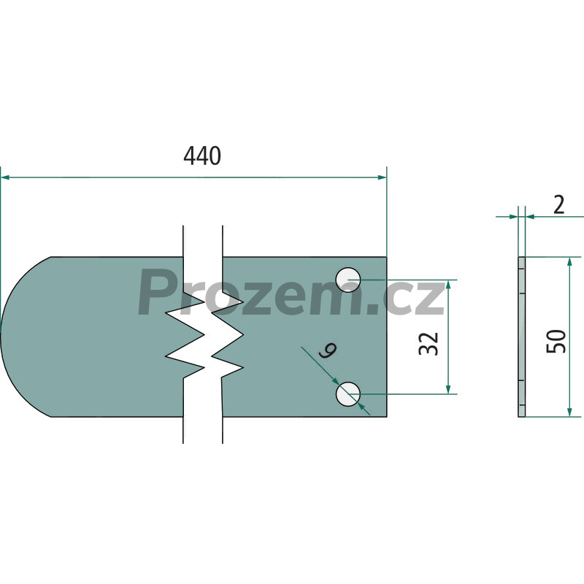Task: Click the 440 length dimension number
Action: tap(202, 155)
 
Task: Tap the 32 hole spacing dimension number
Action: tap(429, 343)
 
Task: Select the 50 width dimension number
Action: tap(556, 341)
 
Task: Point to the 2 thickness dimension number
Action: tap(558, 205)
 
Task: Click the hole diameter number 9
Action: tap(328, 350)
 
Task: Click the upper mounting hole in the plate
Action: tap(348, 280)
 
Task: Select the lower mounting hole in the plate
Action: tap(348, 394)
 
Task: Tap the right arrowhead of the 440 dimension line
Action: tap(382, 177)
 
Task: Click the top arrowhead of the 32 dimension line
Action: tap(448, 284)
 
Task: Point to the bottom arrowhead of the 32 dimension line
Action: tap(448, 389)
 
